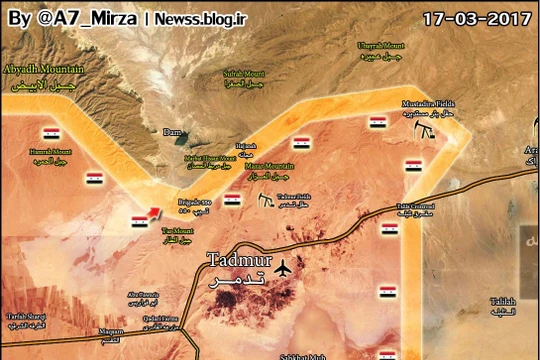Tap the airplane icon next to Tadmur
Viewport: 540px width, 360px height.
[284, 268]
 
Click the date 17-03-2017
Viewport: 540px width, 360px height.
[474, 18]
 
